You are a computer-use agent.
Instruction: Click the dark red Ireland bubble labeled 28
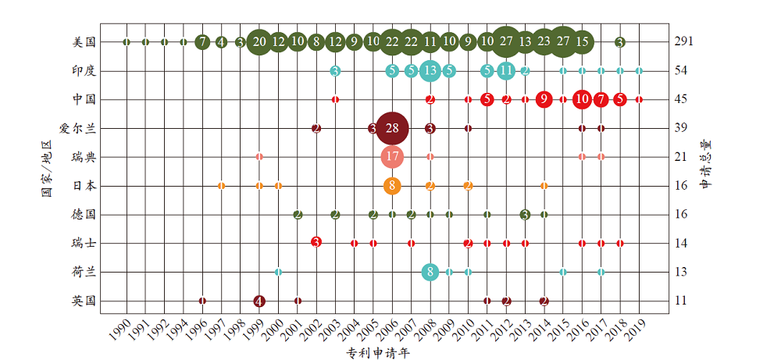coord(392,128)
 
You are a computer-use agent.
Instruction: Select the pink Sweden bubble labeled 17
coord(392,157)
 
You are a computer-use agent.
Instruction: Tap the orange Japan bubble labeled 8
coord(392,186)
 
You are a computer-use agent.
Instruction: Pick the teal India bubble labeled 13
coord(430,71)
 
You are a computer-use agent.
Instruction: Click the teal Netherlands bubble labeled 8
coord(430,272)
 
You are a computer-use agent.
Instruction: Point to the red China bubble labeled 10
coord(582,99)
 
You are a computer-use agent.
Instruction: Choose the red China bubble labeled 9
coord(544,99)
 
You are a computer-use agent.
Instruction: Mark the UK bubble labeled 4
coord(259,301)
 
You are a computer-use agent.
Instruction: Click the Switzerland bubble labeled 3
coord(316,242)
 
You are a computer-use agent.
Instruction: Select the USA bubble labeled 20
coord(259,41)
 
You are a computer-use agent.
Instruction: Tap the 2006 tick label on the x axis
coord(389,331)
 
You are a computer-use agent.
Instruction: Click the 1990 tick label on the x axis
coord(121,331)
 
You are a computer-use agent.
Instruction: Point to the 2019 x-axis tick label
coord(634,331)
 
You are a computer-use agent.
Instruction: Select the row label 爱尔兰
coord(77,128)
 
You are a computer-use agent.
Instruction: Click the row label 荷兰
coord(84,272)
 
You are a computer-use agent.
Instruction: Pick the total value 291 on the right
coord(684,42)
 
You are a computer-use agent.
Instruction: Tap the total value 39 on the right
coord(681,128)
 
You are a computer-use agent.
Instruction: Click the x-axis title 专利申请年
coord(378,353)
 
